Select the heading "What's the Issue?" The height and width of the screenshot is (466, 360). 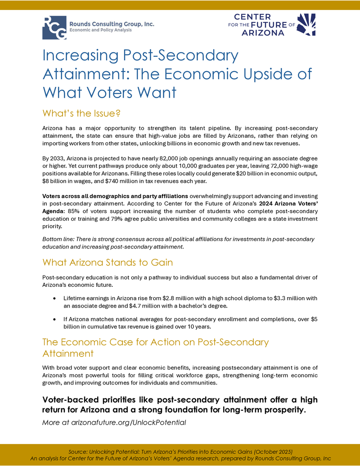81,113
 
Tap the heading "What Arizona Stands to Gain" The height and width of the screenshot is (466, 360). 108,262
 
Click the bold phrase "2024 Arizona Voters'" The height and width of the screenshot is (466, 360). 286,204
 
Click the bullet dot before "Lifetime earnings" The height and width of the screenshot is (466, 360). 54,299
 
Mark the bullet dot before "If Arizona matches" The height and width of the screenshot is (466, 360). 54,319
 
